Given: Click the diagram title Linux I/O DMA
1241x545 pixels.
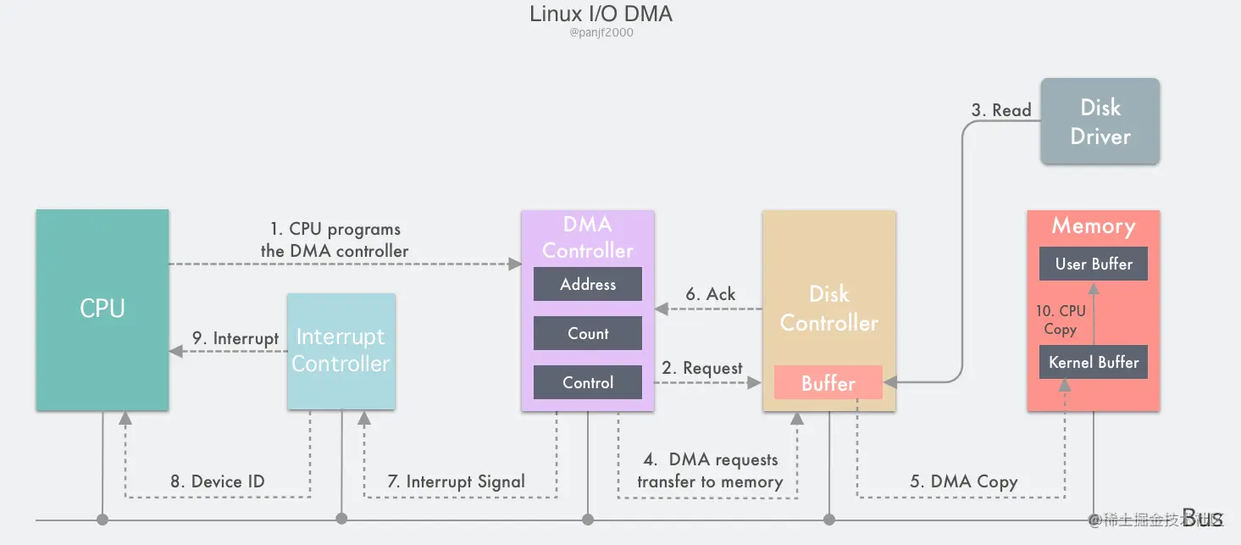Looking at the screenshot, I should [x=601, y=14].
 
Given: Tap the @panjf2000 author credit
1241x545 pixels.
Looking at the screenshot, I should [x=601, y=33].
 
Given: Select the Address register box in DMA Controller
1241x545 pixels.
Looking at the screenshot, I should [x=588, y=285].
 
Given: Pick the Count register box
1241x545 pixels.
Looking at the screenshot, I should [x=588, y=334].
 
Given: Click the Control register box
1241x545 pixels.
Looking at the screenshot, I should [x=588, y=383].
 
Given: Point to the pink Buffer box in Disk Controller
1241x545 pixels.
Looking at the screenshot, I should [x=828, y=383].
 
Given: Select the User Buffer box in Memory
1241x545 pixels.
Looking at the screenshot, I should [x=1094, y=264].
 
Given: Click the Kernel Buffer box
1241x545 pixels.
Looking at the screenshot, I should [x=1094, y=363].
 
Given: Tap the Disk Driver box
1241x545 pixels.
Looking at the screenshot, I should [x=1100, y=122].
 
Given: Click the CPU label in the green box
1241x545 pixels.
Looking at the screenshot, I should [x=102, y=309].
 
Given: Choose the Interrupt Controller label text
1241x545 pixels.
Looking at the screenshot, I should [x=341, y=350].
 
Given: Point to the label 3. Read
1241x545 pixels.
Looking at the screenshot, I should [x=1000, y=110].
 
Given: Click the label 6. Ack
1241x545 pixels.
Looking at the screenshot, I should [x=710, y=294].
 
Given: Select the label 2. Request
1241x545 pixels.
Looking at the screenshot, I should [x=702, y=368].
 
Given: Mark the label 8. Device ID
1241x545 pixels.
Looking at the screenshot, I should [x=218, y=481].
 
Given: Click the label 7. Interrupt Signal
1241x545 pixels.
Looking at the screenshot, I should [x=457, y=481].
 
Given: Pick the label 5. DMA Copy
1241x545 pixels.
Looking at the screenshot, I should [x=964, y=481].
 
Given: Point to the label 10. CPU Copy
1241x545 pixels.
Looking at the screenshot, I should [x=1061, y=320].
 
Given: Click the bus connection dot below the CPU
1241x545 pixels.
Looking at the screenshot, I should [x=102, y=519].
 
